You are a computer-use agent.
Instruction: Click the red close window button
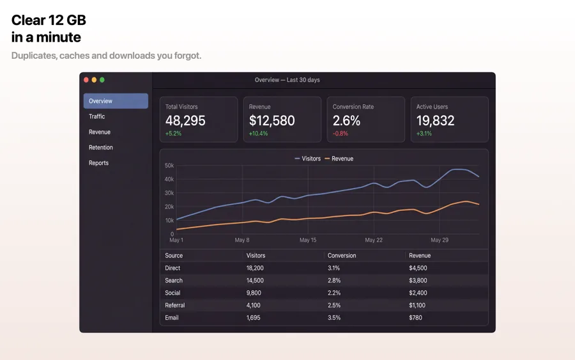coord(86,80)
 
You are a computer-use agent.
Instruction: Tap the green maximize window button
coord(102,80)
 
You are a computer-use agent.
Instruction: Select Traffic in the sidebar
coord(97,116)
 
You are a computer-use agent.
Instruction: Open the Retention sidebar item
coord(101,148)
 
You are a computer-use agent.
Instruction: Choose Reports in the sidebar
coord(98,163)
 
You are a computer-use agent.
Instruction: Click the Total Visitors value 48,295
coord(185,121)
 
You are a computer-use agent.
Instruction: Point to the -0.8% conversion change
coord(341,134)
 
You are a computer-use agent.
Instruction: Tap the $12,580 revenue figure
coord(272,121)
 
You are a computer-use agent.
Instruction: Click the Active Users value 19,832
coord(435,121)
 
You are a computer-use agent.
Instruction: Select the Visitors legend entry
coord(308,159)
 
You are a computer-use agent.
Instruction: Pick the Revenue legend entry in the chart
coord(339,159)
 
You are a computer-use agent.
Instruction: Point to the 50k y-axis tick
coord(169,166)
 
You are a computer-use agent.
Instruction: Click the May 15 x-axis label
coord(308,240)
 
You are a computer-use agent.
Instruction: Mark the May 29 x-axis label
coord(440,240)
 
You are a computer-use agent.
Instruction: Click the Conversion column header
coord(342,255)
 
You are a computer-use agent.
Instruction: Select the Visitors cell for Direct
coord(255,268)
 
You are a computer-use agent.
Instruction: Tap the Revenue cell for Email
coord(415,317)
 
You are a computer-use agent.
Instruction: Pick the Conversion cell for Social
coord(334,293)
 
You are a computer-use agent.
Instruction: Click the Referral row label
coord(175,305)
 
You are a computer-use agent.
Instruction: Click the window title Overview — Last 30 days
coord(287,80)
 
